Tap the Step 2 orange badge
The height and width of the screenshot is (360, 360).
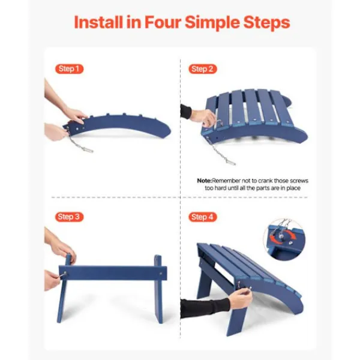click(x=202, y=68)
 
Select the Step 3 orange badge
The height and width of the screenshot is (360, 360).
click(x=69, y=217)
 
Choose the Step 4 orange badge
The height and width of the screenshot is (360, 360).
click(x=202, y=217)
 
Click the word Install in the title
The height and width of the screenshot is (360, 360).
click(x=104, y=22)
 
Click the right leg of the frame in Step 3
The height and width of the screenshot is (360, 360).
click(x=158, y=288)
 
